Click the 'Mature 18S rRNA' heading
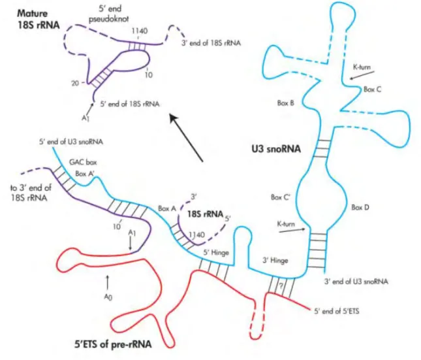[x=39, y=19]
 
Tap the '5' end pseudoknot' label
[x=109, y=14]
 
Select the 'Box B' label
[x=285, y=103]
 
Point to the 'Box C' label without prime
[x=373, y=90]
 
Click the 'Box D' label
[x=360, y=207]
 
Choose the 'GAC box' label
[x=83, y=162]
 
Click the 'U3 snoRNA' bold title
[x=276, y=149]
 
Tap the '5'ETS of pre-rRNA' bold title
[x=113, y=344]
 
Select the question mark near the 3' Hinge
[x=281, y=286]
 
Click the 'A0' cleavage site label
[x=108, y=297]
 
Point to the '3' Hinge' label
[x=275, y=260]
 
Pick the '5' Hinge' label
[x=216, y=252]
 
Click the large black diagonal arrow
[x=186, y=138]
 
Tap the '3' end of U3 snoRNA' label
[x=356, y=282]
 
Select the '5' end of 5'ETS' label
[x=337, y=312]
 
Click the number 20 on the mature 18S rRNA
[x=75, y=84]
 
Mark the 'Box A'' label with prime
[x=85, y=174]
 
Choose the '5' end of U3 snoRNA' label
[x=71, y=142]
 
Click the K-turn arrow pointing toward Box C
[x=362, y=74]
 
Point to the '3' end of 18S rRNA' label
[x=211, y=43]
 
